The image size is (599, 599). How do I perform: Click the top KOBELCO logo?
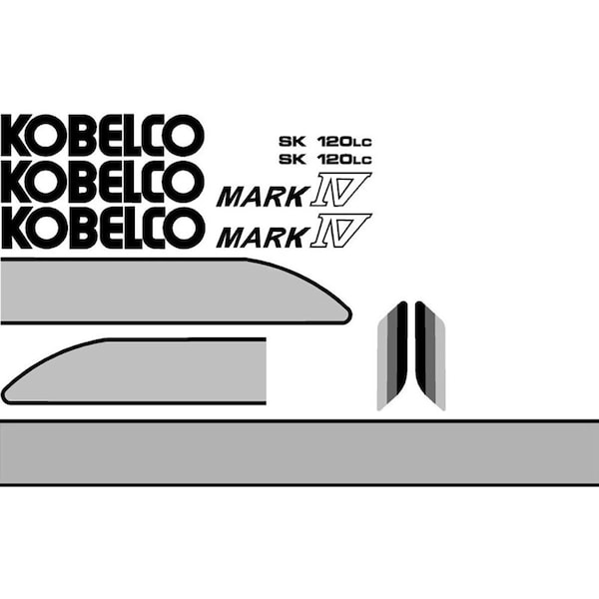tap(103, 135)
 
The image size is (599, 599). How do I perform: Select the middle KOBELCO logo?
tap(101, 182)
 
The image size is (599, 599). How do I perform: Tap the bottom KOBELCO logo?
tap(103, 228)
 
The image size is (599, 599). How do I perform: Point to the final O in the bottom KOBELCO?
tap(185, 228)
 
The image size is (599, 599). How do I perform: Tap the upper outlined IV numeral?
tap(340, 190)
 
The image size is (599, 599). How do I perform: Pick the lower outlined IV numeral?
tap(340, 231)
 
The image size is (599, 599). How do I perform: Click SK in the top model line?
tap(293, 142)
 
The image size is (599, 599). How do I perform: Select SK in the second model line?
tap(293, 159)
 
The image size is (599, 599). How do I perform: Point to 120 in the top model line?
tap(333, 142)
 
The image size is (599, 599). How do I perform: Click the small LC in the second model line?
tap(361, 160)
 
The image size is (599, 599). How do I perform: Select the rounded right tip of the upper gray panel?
tap(348, 315)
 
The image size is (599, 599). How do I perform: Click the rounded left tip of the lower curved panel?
tap(5, 395)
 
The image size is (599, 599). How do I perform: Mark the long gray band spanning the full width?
tap(299, 452)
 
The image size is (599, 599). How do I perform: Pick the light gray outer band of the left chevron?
tap(382, 363)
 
